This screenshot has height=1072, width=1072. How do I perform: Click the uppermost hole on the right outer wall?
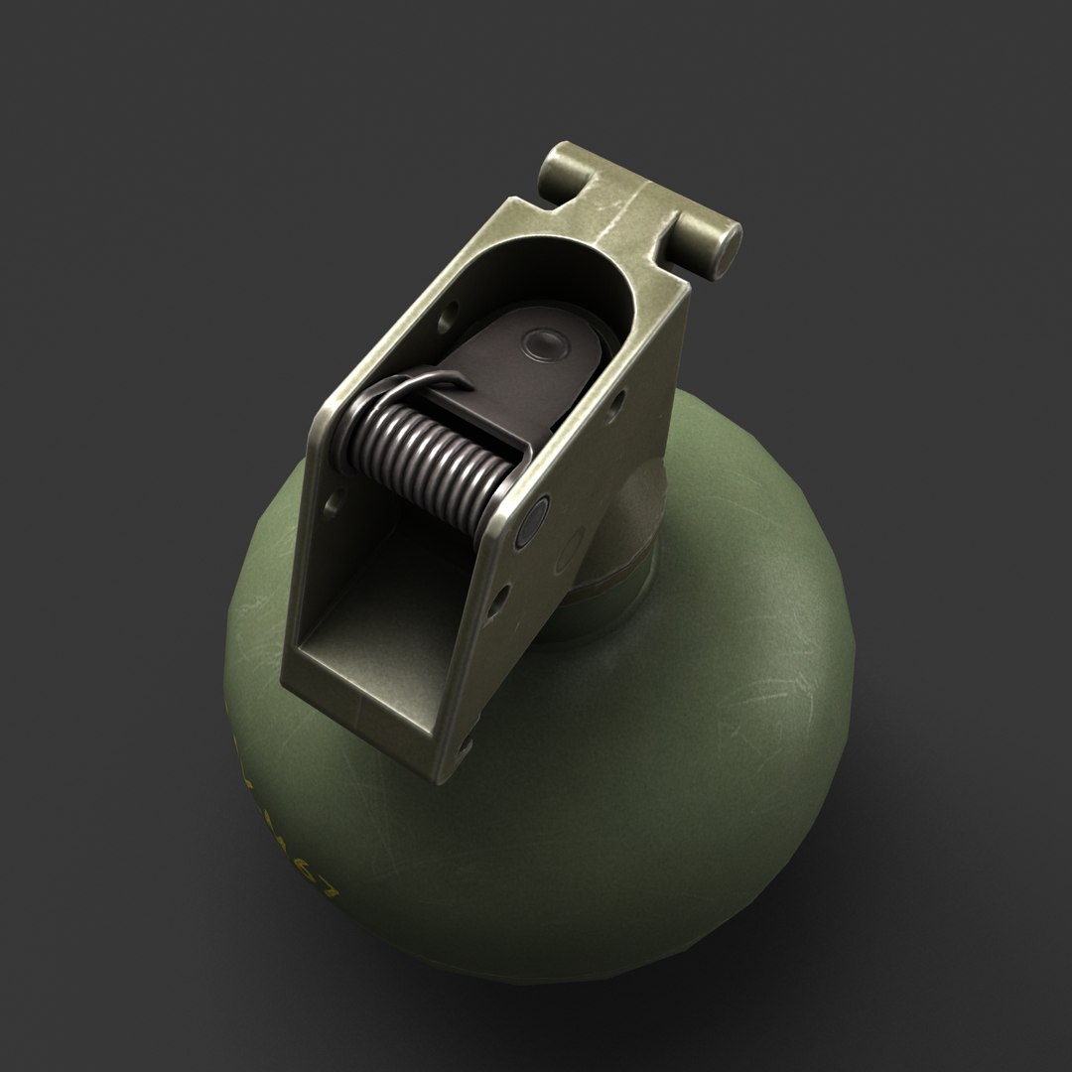coord(617,401)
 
